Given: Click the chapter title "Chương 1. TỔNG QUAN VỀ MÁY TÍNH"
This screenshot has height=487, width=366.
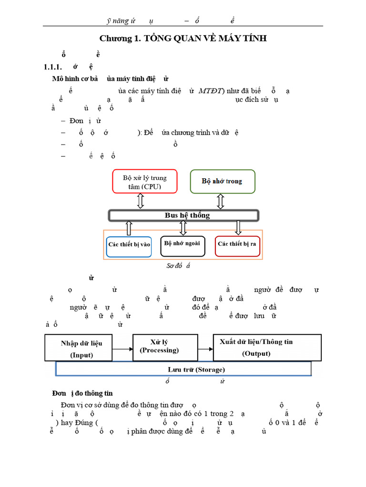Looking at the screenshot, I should pyautogui.click(x=183, y=39).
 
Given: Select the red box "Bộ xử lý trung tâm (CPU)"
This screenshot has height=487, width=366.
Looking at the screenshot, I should pyautogui.click(x=144, y=182).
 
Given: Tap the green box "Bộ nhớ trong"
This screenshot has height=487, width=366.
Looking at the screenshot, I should pyautogui.click(x=223, y=181).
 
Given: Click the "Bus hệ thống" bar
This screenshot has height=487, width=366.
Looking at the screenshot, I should pyautogui.click(x=184, y=215).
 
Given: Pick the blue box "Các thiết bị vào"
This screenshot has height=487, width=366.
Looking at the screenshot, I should pyautogui.click(x=129, y=244).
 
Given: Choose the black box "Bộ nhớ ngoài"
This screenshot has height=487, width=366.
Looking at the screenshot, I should pyautogui.click(x=183, y=243).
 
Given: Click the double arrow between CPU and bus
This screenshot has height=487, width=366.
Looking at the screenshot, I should pyautogui.click(x=141, y=201).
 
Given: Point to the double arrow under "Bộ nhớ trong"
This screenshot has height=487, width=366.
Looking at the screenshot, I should pyautogui.click(x=220, y=201).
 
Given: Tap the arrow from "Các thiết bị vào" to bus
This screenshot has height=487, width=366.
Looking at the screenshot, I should pyautogui.click(x=128, y=228).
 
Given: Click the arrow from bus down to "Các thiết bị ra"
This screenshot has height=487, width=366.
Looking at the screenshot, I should pyautogui.click(x=238, y=228).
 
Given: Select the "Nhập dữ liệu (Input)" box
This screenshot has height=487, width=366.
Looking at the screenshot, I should pyautogui.click(x=81, y=348).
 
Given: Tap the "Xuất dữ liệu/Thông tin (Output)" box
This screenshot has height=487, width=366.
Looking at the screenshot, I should pyautogui.click(x=256, y=347).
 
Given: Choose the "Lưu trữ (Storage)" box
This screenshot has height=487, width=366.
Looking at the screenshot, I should pyautogui.click(x=183, y=369).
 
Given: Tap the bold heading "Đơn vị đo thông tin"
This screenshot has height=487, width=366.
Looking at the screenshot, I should pyautogui.click(x=82, y=393).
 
